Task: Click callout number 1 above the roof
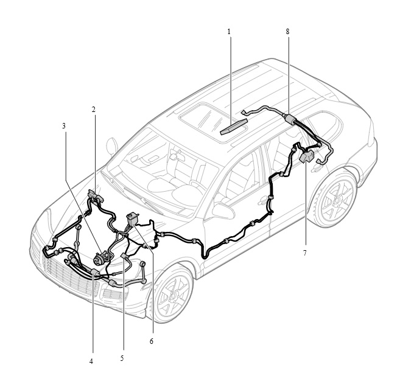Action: coord(229,32)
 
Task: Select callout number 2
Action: coord(94,110)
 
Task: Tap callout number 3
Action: coord(64,126)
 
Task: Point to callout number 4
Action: coord(91,362)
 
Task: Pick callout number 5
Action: coord(122,358)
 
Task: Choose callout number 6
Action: coord(151,341)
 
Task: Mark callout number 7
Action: coord(304,253)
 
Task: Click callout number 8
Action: coord(288,32)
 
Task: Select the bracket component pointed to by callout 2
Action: coord(95,195)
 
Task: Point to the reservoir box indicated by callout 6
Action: coord(132,219)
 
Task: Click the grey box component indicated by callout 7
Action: coord(306,156)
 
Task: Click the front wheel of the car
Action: coord(174,295)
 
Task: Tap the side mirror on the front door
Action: coord(223,211)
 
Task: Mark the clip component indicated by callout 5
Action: coord(125,256)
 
